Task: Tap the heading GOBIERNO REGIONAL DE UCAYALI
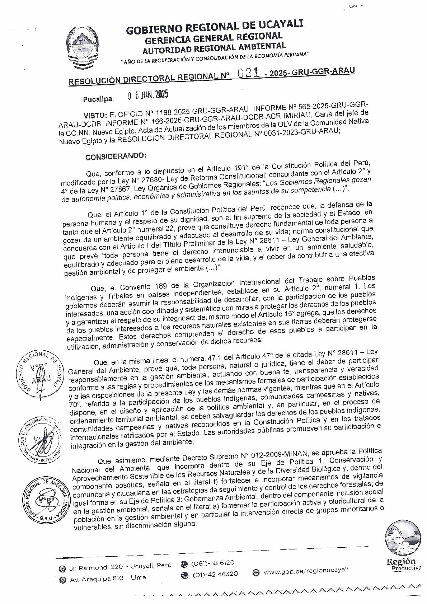click(215, 28)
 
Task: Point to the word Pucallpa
click(98, 99)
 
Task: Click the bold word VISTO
click(95, 115)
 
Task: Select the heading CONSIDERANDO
click(116, 156)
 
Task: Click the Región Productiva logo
click(403, 549)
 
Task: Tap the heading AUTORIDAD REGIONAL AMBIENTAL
click(214, 47)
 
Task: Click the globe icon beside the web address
click(256, 572)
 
